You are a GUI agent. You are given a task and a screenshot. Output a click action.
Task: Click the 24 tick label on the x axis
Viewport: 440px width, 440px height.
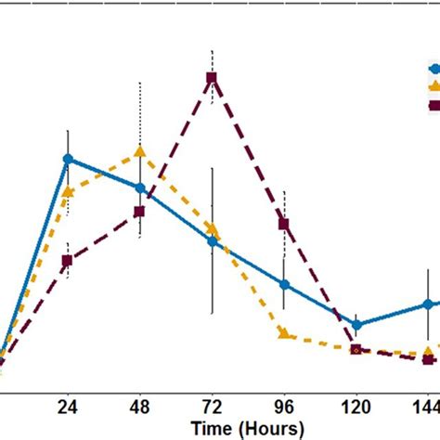coord(67,406)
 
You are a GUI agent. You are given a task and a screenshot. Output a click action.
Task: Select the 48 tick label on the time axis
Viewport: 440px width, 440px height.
coord(139,406)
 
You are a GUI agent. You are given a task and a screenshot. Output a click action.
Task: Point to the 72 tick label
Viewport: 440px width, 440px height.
coord(212,406)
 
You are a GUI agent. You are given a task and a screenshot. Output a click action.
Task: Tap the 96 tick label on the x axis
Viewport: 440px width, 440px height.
coord(284,406)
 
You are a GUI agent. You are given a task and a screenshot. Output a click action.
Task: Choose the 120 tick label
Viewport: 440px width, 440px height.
coord(356,406)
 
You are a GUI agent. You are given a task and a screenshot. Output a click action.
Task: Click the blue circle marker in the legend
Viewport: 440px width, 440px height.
coord(434,69)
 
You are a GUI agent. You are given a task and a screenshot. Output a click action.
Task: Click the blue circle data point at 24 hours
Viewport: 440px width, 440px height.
coord(67,159)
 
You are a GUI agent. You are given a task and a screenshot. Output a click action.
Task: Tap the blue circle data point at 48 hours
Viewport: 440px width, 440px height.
coord(139,188)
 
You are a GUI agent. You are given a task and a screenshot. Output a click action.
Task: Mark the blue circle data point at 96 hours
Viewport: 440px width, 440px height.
coord(284,285)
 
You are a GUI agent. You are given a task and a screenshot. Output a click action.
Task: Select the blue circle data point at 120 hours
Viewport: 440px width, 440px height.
coord(356,325)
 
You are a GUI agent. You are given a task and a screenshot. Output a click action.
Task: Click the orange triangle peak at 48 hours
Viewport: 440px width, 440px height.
coord(139,150)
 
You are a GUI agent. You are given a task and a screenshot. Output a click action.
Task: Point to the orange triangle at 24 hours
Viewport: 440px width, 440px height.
coord(67,192)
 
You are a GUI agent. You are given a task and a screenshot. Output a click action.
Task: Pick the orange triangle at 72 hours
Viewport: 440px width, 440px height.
coord(212,228)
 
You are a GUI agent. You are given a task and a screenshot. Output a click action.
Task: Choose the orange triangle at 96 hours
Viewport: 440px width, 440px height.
coord(284,334)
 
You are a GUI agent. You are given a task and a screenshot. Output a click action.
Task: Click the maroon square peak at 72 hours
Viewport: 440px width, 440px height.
coord(212,78)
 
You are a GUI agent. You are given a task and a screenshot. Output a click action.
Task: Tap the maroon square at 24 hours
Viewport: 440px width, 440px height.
coord(67,261)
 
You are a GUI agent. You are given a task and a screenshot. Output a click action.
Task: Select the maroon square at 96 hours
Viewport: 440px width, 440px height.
coord(284,224)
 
